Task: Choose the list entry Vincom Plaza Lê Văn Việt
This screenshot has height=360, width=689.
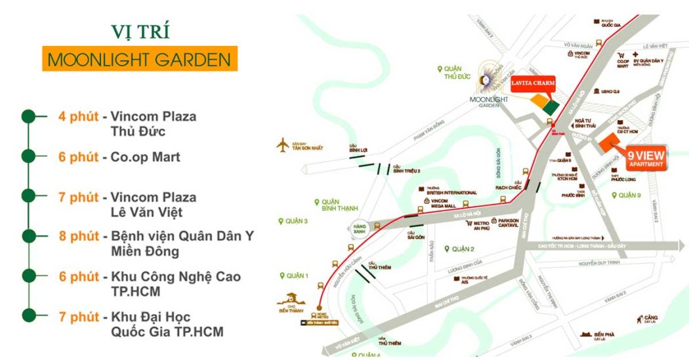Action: pos(153,204)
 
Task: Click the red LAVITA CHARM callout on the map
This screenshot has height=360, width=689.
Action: pos(533,83)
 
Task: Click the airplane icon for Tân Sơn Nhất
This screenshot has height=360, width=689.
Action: pos(283,144)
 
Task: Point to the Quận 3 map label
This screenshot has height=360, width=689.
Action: pos(297,221)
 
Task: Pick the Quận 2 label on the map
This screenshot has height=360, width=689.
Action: pos(459,249)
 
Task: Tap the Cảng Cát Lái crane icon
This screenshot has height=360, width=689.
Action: pos(638,319)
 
